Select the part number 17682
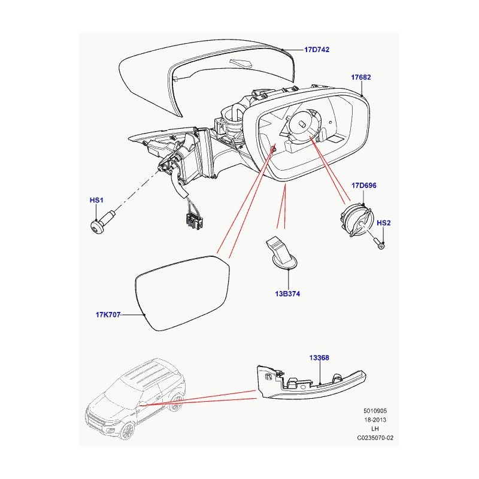pyautogui.click(x=361, y=77)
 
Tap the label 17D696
pyautogui.click(x=363, y=186)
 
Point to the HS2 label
pyautogui.click(x=383, y=223)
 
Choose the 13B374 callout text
pyautogui.click(x=289, y=294)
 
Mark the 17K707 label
pyautogui.click(x=107, y=314)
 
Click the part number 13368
pyautogui.click(x=319, y=358)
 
